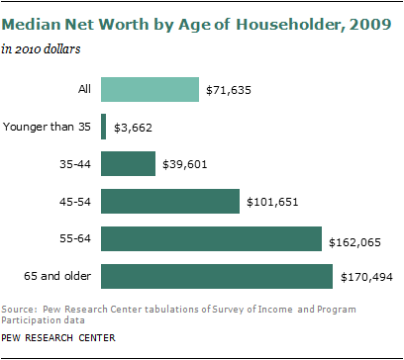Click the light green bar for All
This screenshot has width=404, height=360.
(149, 90)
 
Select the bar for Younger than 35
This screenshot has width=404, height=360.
(103, 127)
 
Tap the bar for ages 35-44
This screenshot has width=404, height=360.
(128, 163)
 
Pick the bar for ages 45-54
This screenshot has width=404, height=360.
(170, 201)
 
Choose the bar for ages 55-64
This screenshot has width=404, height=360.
(211, 238)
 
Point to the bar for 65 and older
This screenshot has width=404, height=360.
(216, 275)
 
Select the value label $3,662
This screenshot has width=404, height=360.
(135, 128)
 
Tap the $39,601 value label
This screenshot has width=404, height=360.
(188, 164)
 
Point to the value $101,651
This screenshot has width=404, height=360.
(275, 202)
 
